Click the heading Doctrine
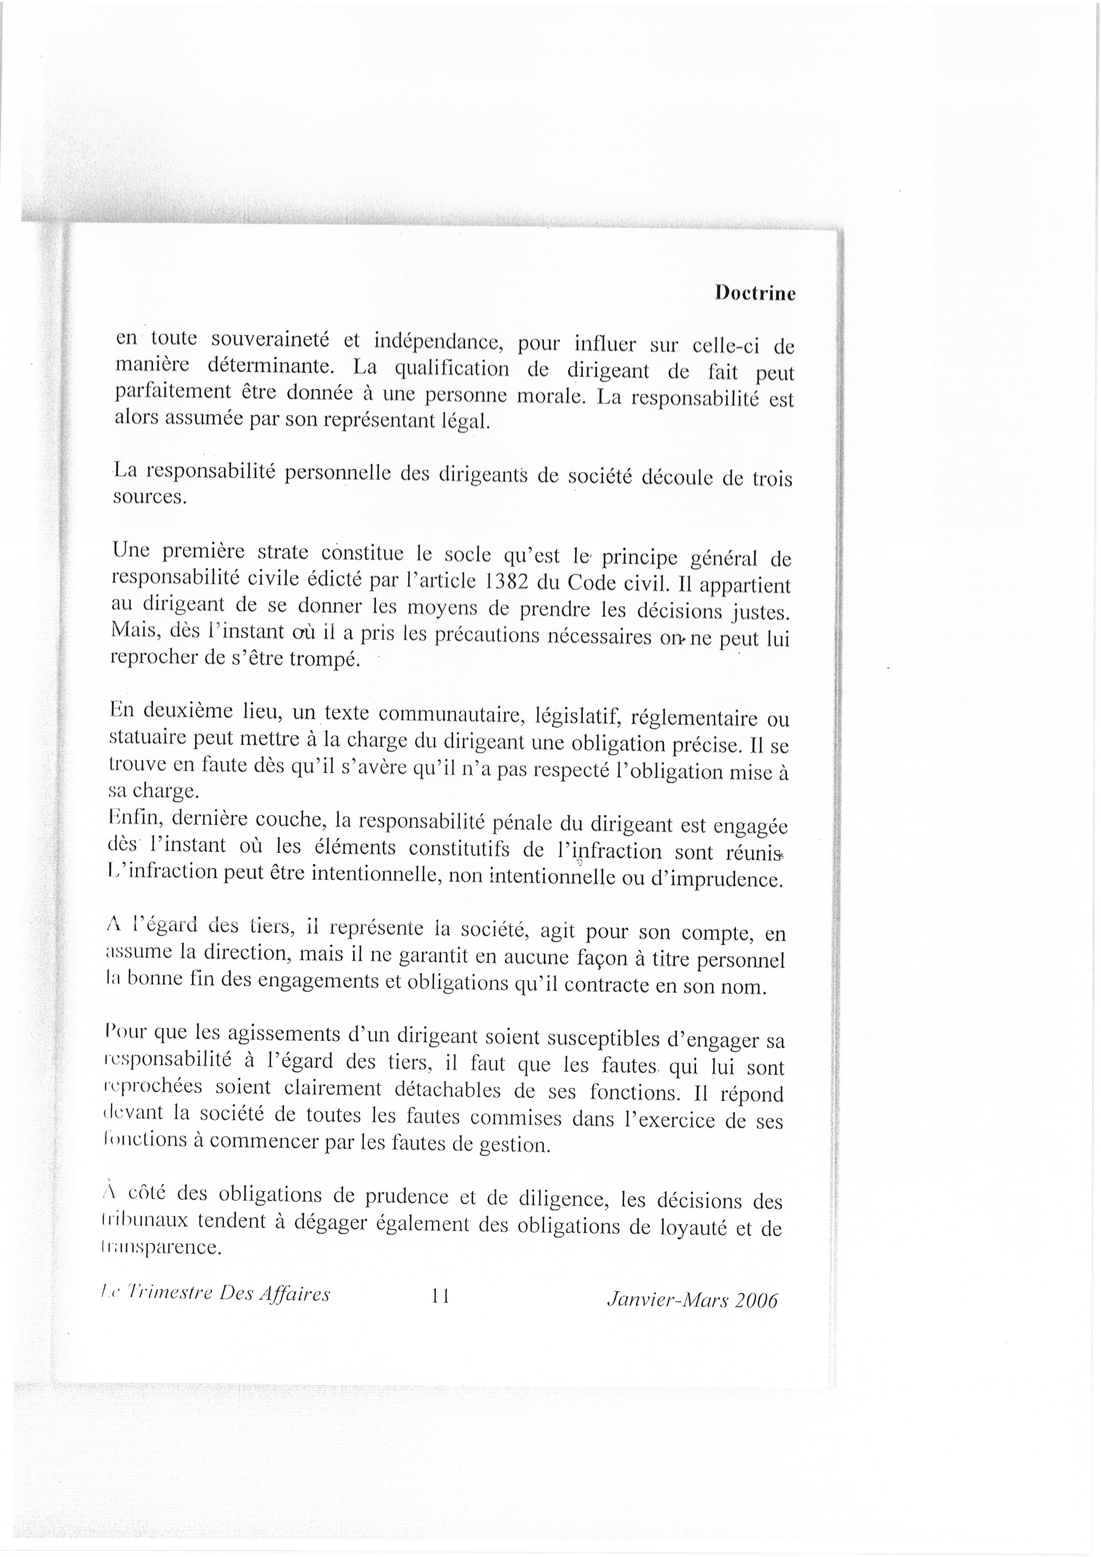point(755,293)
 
